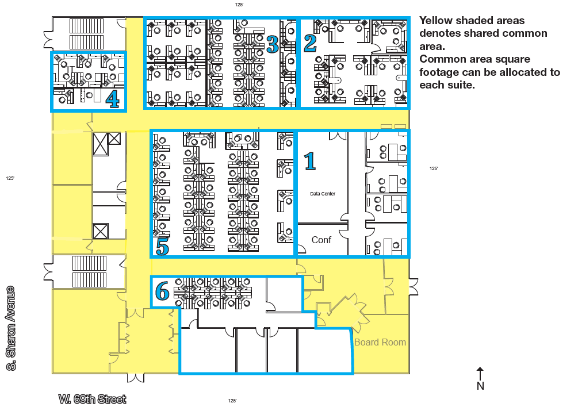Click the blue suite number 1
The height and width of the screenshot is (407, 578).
tap(309, 162)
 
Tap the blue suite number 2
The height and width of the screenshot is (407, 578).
tap(310, 43)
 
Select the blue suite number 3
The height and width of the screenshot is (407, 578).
tap(273, 44)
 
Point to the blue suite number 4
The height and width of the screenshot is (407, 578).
tap(113, 99)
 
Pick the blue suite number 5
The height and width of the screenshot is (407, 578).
tap(162, 246)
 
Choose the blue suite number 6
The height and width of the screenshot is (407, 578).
tap(162, 291)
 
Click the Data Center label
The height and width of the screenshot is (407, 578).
tap(323, 194)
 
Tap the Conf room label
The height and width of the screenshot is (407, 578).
tap(321, 240)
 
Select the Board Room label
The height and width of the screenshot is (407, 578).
tap(380, 342)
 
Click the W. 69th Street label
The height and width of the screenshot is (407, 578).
tap(92, 400)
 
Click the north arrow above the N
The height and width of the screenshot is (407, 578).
tap(480, 374)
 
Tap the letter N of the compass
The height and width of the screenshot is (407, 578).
tap(480, 386)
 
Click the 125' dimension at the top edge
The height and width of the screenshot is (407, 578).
tap(239, 5)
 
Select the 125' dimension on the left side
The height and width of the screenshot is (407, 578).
tap(10, 178)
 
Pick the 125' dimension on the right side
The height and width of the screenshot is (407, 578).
tap(434, 168)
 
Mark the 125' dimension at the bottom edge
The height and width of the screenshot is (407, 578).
tap(232, 401)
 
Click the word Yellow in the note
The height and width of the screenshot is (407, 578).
tap(437, 21)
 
